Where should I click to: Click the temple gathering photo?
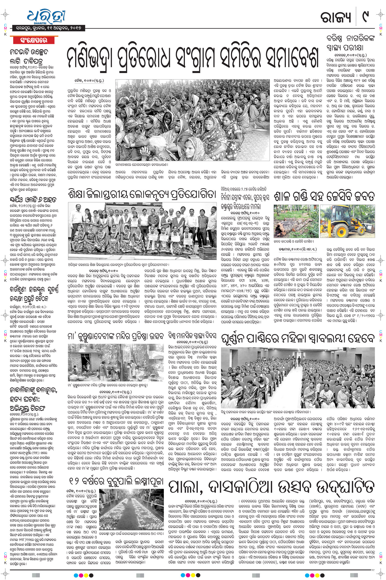115,363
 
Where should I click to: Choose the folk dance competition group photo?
142,231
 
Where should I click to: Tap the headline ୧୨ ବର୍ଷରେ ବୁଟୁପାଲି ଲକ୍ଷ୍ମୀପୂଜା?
116,480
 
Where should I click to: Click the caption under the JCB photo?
296,242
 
